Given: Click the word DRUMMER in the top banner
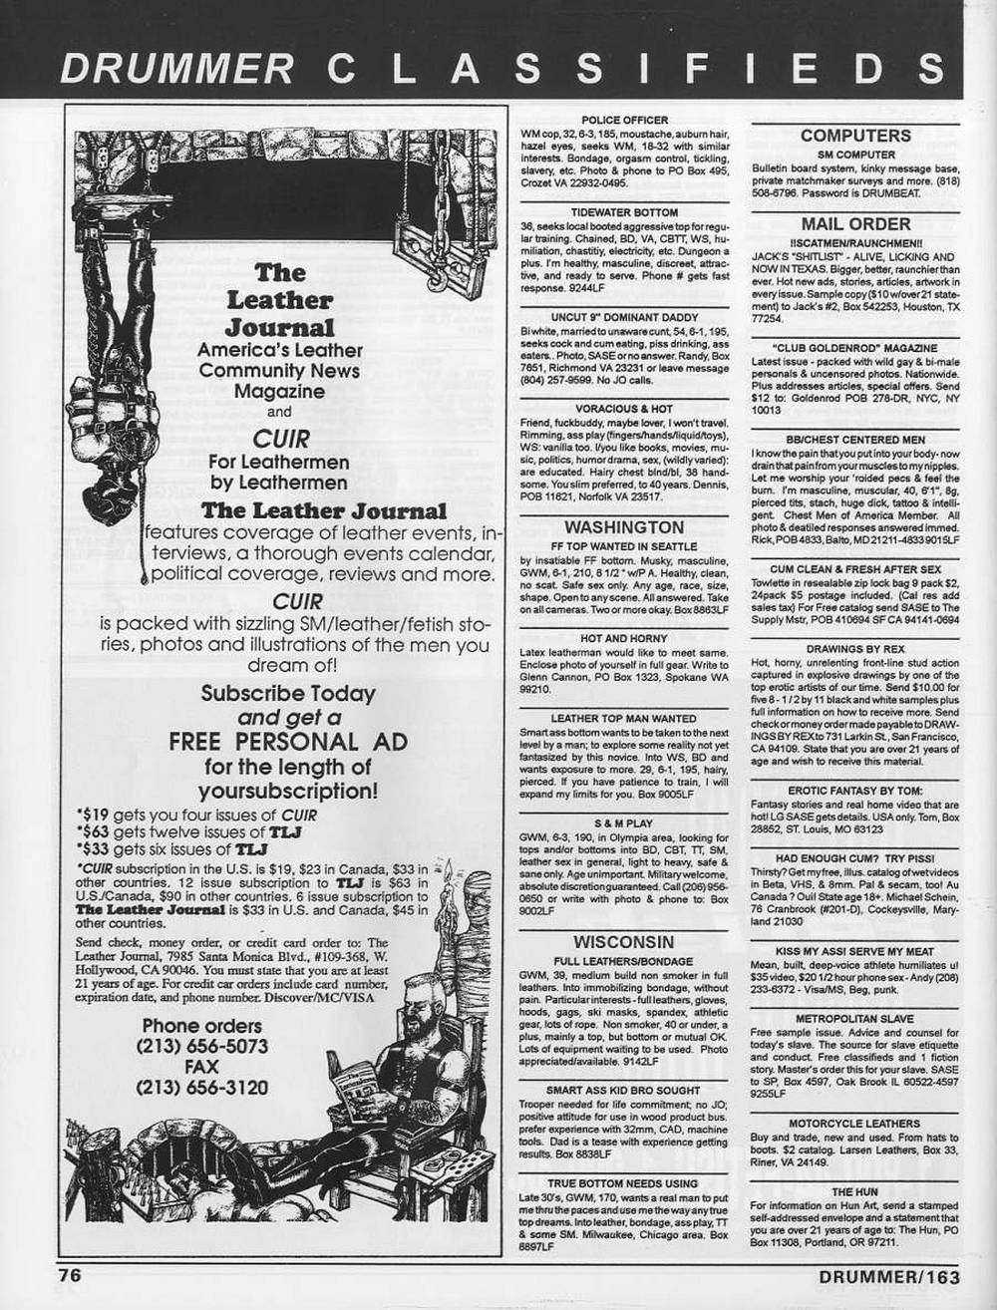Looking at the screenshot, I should point(176,67).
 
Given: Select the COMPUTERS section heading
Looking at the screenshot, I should point(854,136).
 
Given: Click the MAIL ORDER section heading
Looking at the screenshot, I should point(854,224).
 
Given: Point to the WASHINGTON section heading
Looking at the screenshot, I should point(624,527).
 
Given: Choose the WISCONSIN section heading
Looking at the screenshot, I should point(624,942).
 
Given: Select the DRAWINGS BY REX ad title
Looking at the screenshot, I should point(854,648).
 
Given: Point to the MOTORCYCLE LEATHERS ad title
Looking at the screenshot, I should point(854,1124).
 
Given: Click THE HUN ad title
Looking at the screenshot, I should point(854,1191).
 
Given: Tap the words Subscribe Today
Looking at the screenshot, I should point(288,693).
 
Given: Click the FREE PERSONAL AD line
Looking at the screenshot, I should point(262,742).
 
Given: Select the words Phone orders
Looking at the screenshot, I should point(202,1025).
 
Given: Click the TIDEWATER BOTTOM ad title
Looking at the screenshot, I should point(624,212).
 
